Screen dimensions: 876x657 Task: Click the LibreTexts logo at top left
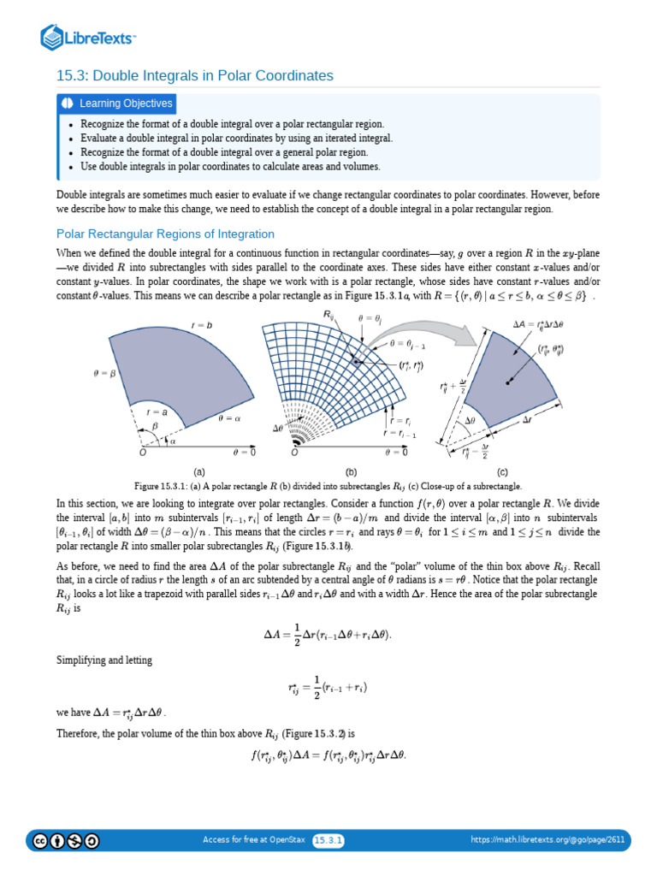point(89,38)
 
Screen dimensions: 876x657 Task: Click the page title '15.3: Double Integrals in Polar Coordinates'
point(195,76)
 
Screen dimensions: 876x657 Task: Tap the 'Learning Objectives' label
point(126,104)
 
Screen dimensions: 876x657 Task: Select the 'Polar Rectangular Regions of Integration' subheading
point(165,234)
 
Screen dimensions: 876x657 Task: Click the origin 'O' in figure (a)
point(144,453)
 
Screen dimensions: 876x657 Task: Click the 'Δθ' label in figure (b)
point(278,426)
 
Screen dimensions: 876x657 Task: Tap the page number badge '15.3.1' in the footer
point(328,840)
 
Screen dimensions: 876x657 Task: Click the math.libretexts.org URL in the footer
point(548,840)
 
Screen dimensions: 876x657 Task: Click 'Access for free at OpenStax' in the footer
point(254,840)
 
